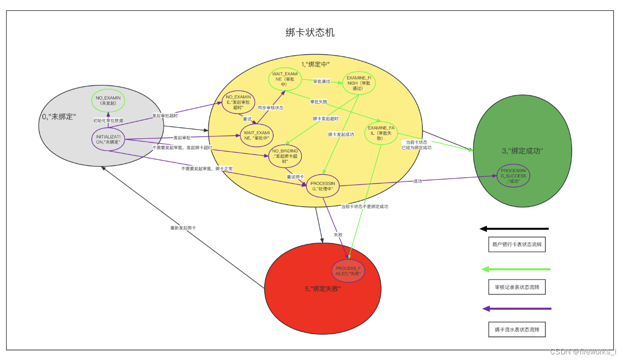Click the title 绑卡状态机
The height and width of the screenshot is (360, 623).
[310, 33]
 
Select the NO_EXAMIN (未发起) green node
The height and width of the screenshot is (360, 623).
[109, 100]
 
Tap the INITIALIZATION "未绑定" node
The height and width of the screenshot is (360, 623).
[109, 139]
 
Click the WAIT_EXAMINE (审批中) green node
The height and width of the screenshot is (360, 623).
[285, 79]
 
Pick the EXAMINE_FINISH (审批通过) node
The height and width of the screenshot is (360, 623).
[359, 83]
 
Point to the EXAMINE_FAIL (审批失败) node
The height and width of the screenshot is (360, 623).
[381, 133]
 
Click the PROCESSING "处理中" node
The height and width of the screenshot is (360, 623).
[323, 186]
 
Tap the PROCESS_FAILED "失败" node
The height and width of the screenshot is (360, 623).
[348, 271]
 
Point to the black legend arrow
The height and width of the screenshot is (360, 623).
[514, 229]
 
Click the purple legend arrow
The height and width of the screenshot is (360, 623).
[516, 309]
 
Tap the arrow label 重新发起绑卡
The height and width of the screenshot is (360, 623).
[183, 228]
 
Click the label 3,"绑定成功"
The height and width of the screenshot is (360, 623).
[522, 151]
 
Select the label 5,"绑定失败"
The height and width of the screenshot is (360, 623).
[322, 289]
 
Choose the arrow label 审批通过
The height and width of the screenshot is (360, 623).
[322, 81]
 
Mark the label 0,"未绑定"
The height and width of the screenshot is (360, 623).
[58, 117]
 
